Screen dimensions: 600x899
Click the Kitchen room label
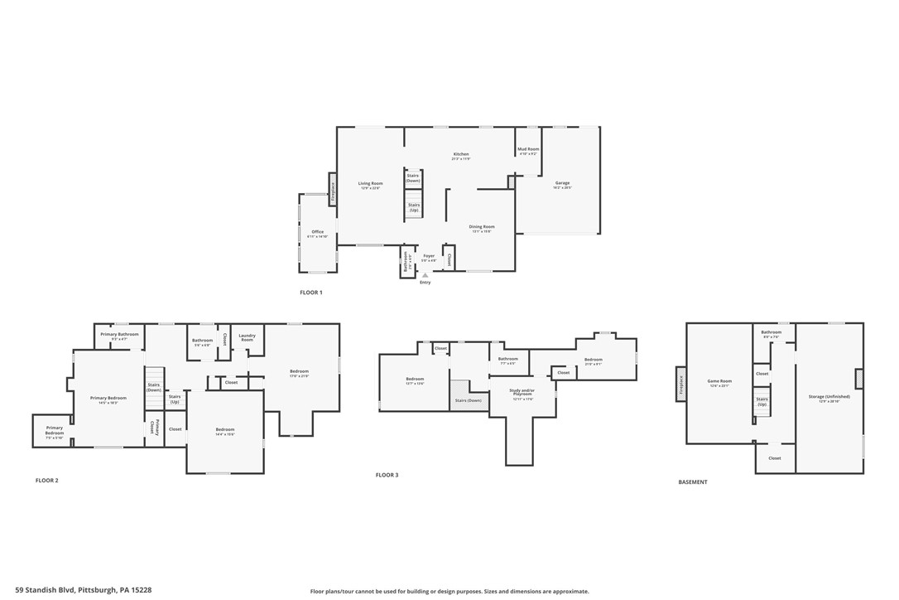[x=461, y=156]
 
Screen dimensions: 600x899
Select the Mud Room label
[x=528, y=151]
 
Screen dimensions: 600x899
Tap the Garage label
[x=562, y=184]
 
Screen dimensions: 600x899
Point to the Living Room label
[x=370, y=185]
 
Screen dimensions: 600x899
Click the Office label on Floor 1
[x=317, y=233]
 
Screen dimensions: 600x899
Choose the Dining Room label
[x=482, y=228]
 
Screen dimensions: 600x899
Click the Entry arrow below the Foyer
[x=425, y=275]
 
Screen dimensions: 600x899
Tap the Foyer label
[x=429, y=257]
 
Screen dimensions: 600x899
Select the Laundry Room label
[x=247, y=337]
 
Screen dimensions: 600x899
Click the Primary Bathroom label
[x=119, y=336]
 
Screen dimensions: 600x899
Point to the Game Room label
[x=719, y=382]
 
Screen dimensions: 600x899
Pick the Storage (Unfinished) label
[x=829, y=398]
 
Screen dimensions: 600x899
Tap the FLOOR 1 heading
[x=310, y=293]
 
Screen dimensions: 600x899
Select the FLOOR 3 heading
[x=387, y=475]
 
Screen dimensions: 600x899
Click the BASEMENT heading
[x=692, y=481]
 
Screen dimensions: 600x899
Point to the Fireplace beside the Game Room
[x=681, y=384]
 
